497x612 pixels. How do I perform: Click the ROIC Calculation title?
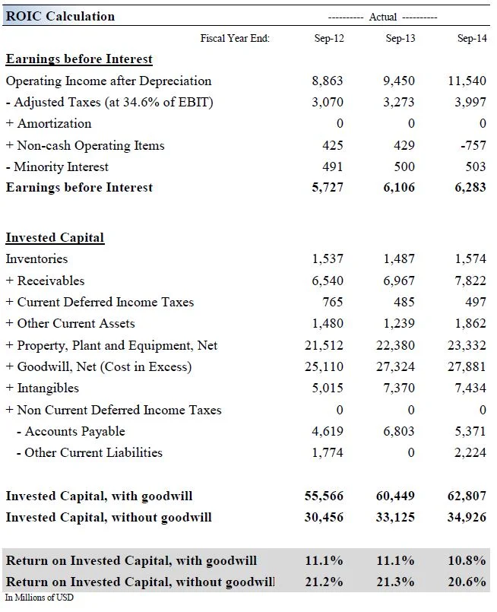coord(60,16)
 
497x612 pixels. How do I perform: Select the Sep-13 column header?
coord(400,38)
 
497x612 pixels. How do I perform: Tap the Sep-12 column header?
coord(329,38)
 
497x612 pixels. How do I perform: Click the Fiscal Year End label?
coord(235,38)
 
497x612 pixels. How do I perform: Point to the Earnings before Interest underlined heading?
coord(79,59)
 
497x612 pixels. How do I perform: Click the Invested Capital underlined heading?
coord(55,237)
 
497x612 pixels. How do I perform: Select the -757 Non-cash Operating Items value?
coord(472,145)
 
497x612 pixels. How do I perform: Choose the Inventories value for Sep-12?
coord(328,258)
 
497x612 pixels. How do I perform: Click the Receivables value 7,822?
coord(470,281)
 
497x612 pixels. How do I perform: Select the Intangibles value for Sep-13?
coord(399,388)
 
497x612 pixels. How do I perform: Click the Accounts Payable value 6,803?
coord(399,431)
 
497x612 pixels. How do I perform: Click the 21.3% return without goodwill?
coord(396,582)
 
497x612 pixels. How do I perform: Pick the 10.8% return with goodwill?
coord(467,560)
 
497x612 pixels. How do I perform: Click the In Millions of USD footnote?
coord(40,598)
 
